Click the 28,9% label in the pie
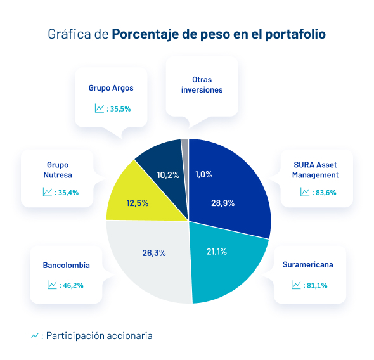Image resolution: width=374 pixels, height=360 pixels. tap(222, 203)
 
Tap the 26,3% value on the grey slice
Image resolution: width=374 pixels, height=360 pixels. tap(153, 253)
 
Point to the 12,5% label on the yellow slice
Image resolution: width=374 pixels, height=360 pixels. tap(138, 203)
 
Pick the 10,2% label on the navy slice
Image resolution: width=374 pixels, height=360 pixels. tap(167, 174)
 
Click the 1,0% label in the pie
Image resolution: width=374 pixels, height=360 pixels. tap(203, 174)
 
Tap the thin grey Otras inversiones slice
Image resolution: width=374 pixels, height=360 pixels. tap(185, 143)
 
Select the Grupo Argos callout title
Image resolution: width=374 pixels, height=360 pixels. tap(111, 88)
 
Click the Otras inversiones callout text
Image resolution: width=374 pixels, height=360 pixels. tap(202, 85)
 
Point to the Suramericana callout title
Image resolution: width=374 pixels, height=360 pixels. tap(308, 264)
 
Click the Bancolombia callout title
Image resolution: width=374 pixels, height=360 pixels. tap(66, 265)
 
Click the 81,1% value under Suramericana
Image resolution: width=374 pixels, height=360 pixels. tap(316, 285)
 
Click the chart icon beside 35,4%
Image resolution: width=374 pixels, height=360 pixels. tap(47, 192)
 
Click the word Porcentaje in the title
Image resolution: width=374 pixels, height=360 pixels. tap(145, 34)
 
